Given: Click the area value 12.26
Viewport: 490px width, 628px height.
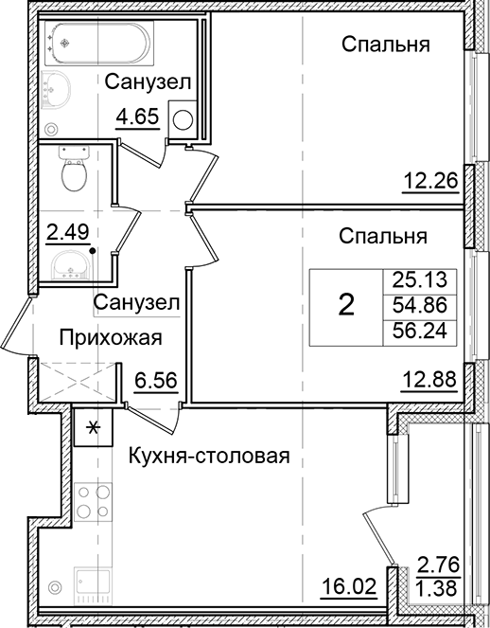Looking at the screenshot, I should click(x=430, y=181).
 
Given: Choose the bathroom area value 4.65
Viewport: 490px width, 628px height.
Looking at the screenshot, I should click(x=137, y=118).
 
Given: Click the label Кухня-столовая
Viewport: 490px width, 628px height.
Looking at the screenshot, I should click(x=207, y=457).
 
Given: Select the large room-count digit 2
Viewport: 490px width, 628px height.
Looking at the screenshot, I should click(x=347, y=305).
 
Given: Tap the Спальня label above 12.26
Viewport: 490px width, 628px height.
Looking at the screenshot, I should click(x=386, y=44).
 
